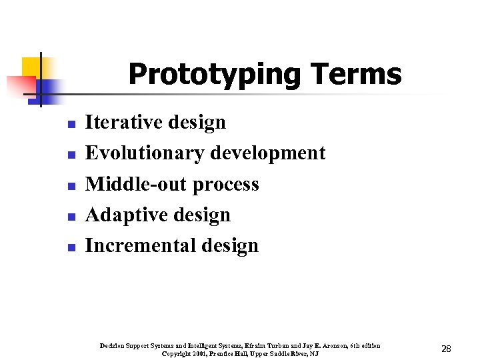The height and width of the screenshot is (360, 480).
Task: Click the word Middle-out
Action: [x=137, y=184]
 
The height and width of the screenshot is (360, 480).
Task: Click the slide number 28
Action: [x=446, y=349]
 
